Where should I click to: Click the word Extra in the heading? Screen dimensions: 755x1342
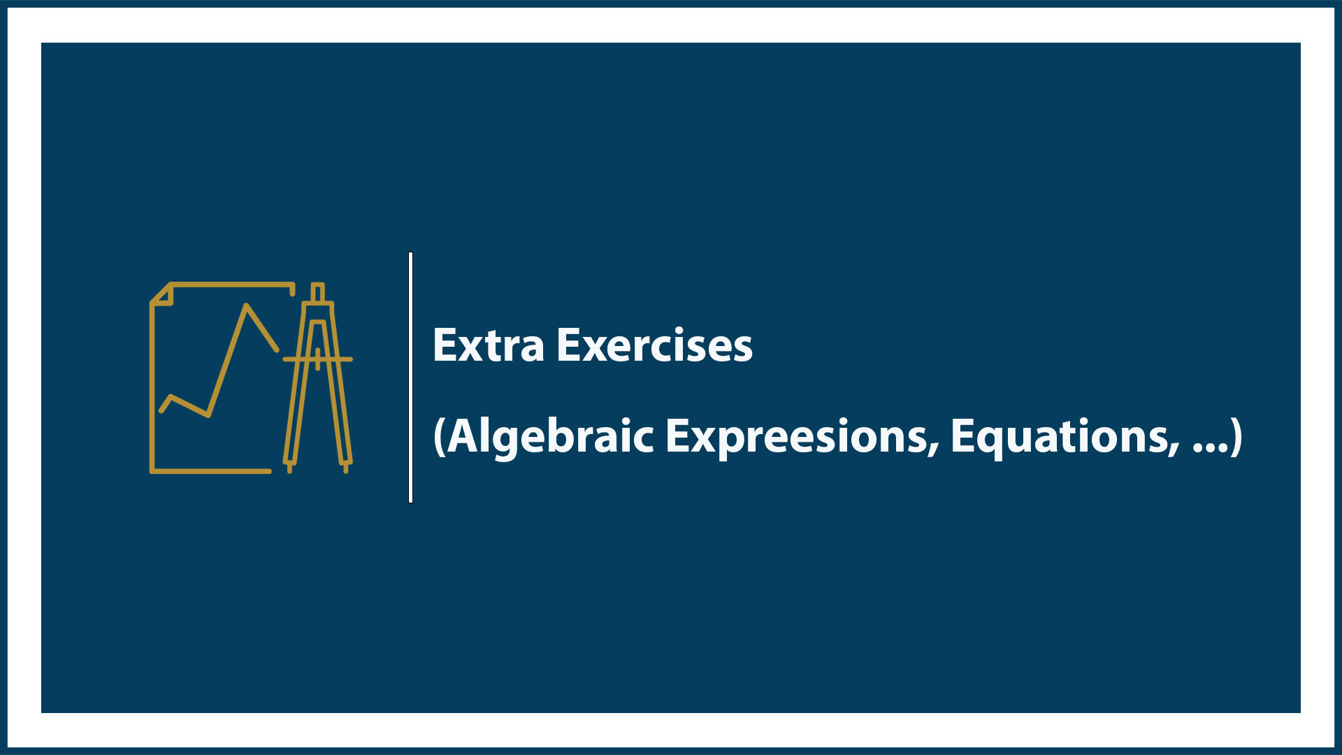tap(488, 345)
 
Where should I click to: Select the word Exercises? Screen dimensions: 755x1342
tap(654, 345)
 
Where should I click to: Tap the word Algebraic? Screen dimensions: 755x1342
tap(551, 436)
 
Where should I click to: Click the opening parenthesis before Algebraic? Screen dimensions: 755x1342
tap(439, 436)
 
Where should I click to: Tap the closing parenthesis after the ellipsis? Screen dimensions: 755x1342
tap(1236, 436)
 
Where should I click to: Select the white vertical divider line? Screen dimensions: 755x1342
tap(410, 377)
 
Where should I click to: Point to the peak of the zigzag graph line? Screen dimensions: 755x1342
tap(246, 305)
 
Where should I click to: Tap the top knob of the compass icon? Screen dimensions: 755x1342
tap(317, 291)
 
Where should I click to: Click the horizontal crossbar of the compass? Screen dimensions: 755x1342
tap(317, 359)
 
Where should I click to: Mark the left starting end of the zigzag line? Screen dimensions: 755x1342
tap(162, 410)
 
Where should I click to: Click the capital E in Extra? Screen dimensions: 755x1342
tap(445, 345)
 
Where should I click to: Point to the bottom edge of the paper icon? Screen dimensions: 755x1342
tap(210, 471)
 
